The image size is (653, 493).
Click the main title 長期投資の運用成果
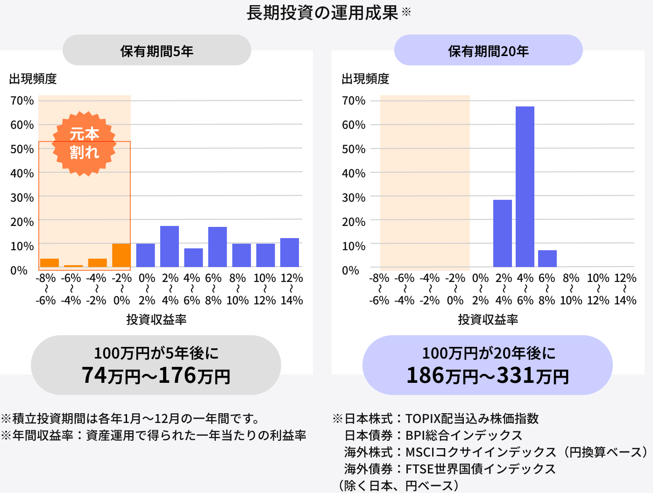(x=322, y=13)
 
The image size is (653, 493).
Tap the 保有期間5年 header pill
(x=157, y=50)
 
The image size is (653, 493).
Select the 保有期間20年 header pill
(x=489, y=50)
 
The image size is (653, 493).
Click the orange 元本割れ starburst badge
(x=84, y=143)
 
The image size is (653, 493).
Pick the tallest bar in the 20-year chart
(x=525, y=187)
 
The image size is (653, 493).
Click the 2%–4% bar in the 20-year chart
(x=503, y=233)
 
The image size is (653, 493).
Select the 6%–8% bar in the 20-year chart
(x=547, y=259)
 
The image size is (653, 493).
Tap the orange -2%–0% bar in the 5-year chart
(x=121, y=255)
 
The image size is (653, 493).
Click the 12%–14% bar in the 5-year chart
(x=290, y=253)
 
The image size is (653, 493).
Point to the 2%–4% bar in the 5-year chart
(x=170, y=246)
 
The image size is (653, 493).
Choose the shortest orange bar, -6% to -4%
(x=73, y=266)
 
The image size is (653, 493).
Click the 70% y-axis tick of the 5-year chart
(x=22, y=101)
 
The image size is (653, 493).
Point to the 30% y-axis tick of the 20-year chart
(x=354, y=197)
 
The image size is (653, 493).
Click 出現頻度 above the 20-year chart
(x=365, y=79)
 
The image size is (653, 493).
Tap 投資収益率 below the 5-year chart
(x=156, y=320)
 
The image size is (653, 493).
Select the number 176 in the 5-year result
(x=177, y=375)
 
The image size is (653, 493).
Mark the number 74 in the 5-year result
(x=94, y=375)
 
